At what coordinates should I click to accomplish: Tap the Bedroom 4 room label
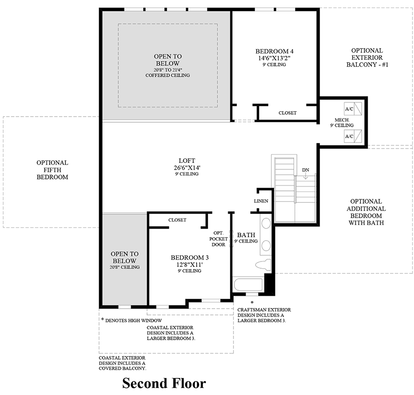click(x=274, y=51)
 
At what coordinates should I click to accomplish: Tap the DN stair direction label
click(x=306, y=170)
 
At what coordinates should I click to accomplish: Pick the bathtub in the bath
click(x=248, y=285)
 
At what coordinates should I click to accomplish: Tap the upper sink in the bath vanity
click(x=266, y=224)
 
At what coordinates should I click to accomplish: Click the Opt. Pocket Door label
click(x=219, y=238)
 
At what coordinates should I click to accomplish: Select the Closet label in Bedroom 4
click(x=287, y=113)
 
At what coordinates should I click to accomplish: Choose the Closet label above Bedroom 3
click(x=177, y=220)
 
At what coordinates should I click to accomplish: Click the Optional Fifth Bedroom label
click(x=52, y=170)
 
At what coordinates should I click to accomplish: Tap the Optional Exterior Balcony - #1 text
click(x=367, y=58)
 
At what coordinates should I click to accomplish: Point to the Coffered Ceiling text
click(x=167, y=75)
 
